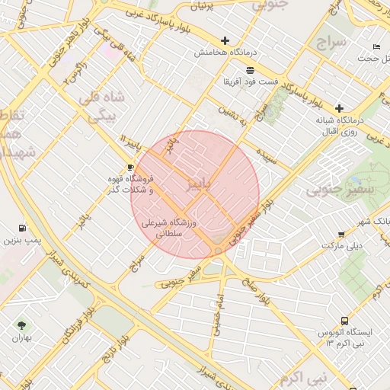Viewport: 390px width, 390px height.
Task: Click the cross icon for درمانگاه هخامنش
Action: [x=225, y=40]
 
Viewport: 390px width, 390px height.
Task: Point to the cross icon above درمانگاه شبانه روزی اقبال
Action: [x=339, y=109]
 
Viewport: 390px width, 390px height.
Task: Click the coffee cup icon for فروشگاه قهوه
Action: [x=130, y=167]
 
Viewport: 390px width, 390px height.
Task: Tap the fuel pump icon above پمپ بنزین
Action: [x=21, y=227]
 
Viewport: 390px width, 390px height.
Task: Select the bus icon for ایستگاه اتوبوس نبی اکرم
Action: [x=344, y=321]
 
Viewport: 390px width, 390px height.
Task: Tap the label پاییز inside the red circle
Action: [x=200, y=184]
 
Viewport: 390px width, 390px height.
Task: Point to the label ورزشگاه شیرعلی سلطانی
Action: [x=170, y=229]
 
